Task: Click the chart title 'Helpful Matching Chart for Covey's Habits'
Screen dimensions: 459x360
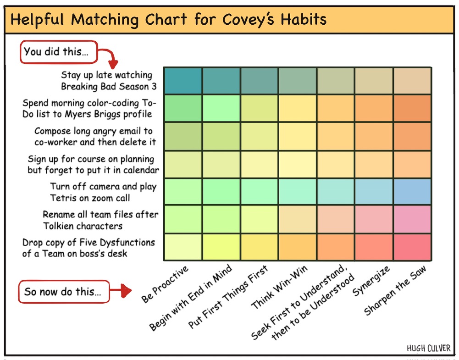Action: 168,20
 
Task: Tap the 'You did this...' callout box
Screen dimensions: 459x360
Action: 59,52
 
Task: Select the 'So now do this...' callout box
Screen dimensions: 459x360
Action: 64,292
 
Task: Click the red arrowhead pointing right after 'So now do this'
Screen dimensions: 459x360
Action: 126,290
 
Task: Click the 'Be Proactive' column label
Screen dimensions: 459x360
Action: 165,284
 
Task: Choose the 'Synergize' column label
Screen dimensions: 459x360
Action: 371,281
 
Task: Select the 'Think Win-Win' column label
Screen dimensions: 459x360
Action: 279,287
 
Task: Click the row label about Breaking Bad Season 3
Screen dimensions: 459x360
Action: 109,81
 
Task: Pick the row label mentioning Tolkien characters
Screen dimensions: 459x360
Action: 100,220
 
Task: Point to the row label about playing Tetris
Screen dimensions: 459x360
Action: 103,192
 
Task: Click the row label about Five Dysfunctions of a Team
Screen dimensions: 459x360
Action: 88,248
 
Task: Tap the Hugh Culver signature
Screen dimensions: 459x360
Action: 429,348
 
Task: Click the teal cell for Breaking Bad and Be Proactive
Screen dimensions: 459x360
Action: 183,81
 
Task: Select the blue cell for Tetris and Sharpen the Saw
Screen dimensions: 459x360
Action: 412,192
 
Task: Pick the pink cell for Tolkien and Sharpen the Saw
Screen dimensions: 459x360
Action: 412,219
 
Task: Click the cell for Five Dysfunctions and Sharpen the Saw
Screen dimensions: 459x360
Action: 412,247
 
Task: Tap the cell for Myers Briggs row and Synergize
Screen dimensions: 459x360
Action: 374,108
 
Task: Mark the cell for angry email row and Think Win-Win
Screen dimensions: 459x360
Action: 298,136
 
